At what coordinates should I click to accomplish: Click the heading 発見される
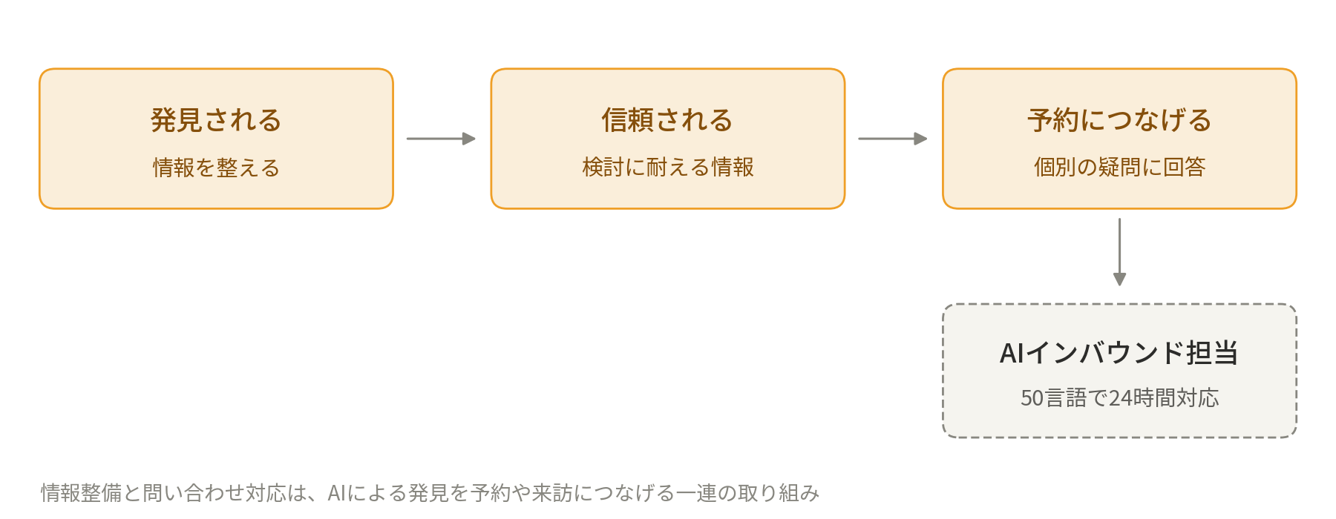point(216,120)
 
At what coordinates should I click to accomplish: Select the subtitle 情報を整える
point(216,168)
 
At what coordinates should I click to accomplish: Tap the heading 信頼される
point(667,120)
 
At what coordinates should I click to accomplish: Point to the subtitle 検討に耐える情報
point(668,168)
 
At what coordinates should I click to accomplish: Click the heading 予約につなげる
point(1119,120)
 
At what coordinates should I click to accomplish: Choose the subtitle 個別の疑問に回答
point(1119,168)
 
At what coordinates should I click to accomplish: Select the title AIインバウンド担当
point(1119,353)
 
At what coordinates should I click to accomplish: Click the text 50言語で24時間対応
point(1119,398)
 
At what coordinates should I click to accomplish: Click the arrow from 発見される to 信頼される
point(441,139)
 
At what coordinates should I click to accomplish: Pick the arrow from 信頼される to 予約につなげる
point(893,139)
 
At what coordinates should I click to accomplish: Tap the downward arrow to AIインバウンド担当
point(1119,252)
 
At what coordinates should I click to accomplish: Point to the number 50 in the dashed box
point(1032,398)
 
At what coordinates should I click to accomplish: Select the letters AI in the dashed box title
point(1012,353)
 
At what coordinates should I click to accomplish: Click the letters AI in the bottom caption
point(335,493)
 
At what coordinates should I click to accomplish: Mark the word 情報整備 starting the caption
point(82,493)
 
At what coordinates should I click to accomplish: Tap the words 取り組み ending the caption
point(779,493)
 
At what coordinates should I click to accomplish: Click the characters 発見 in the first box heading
point(177,120)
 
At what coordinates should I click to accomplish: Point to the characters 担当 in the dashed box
point(1212,353)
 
